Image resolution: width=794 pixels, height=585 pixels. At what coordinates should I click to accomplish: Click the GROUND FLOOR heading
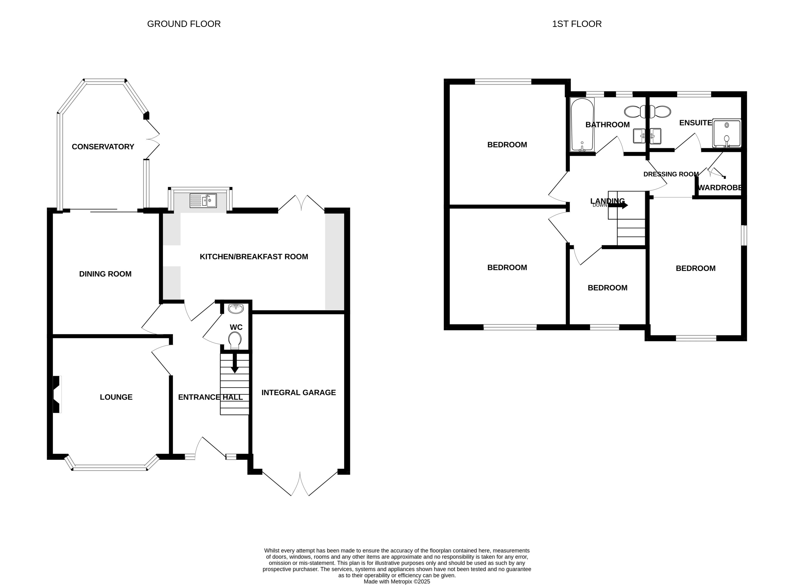pos(183,24)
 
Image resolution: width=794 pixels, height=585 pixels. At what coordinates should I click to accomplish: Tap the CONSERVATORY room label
pos(103,147)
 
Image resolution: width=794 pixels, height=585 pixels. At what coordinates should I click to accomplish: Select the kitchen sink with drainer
pos(203,200)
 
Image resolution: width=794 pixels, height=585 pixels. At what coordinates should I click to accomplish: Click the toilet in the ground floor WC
pos(235,340)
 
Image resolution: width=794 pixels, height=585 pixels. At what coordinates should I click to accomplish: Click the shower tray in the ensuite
pos(726,133)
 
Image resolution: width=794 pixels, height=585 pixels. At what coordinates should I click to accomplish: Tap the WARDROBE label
pos(720,188)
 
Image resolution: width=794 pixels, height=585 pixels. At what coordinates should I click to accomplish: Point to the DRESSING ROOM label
pos(671,174)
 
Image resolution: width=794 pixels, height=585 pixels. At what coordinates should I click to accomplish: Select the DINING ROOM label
pos(105,274)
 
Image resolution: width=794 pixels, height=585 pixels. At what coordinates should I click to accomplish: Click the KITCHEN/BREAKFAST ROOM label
pos(254,257)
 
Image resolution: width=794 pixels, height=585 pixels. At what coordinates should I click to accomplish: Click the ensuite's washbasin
pos(656,136)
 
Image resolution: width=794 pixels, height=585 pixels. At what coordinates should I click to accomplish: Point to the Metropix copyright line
pos(397,582)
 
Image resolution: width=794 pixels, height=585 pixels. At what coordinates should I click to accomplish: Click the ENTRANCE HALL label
pos(210,397)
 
